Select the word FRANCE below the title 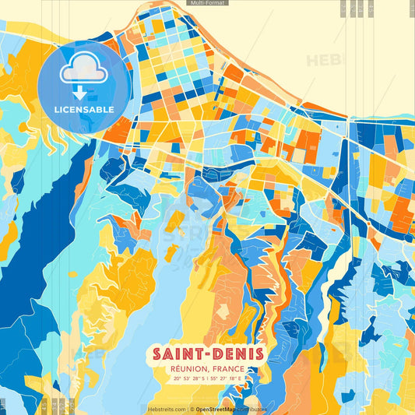[228, 368]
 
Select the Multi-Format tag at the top [207, 4]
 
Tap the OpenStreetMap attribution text [220, 409]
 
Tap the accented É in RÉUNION [179, 368]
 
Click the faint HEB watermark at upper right [322, 60]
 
